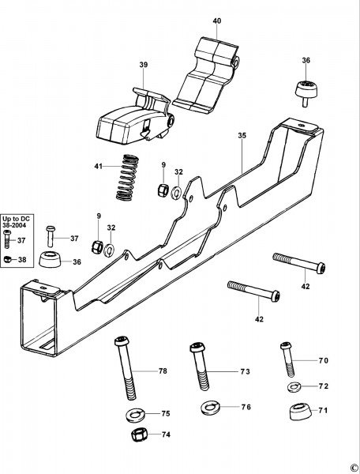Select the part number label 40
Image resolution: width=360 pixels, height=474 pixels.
[217, 21]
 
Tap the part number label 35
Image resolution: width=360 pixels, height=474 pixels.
[242, 135]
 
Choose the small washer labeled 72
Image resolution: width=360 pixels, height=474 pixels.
[294, 386]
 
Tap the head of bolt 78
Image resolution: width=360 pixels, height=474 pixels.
[122, 341]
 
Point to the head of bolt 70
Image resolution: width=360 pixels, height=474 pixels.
[286, 345]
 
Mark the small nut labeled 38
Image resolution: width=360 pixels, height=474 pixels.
[7, 259]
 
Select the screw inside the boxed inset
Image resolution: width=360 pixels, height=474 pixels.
[7, 239]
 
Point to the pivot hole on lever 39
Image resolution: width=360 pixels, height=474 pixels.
[171, 121]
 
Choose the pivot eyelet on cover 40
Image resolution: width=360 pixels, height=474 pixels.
[235, 62]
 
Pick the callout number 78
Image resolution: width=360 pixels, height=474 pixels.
[163, 371]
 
